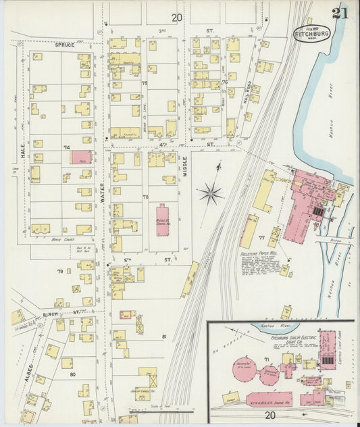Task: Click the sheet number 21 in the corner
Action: click(340, 14)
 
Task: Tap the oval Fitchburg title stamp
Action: click(311, 32)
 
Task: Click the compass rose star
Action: click(211, 195)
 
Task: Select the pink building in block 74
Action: click(81, 157)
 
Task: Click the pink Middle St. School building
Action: click(162, 220)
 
